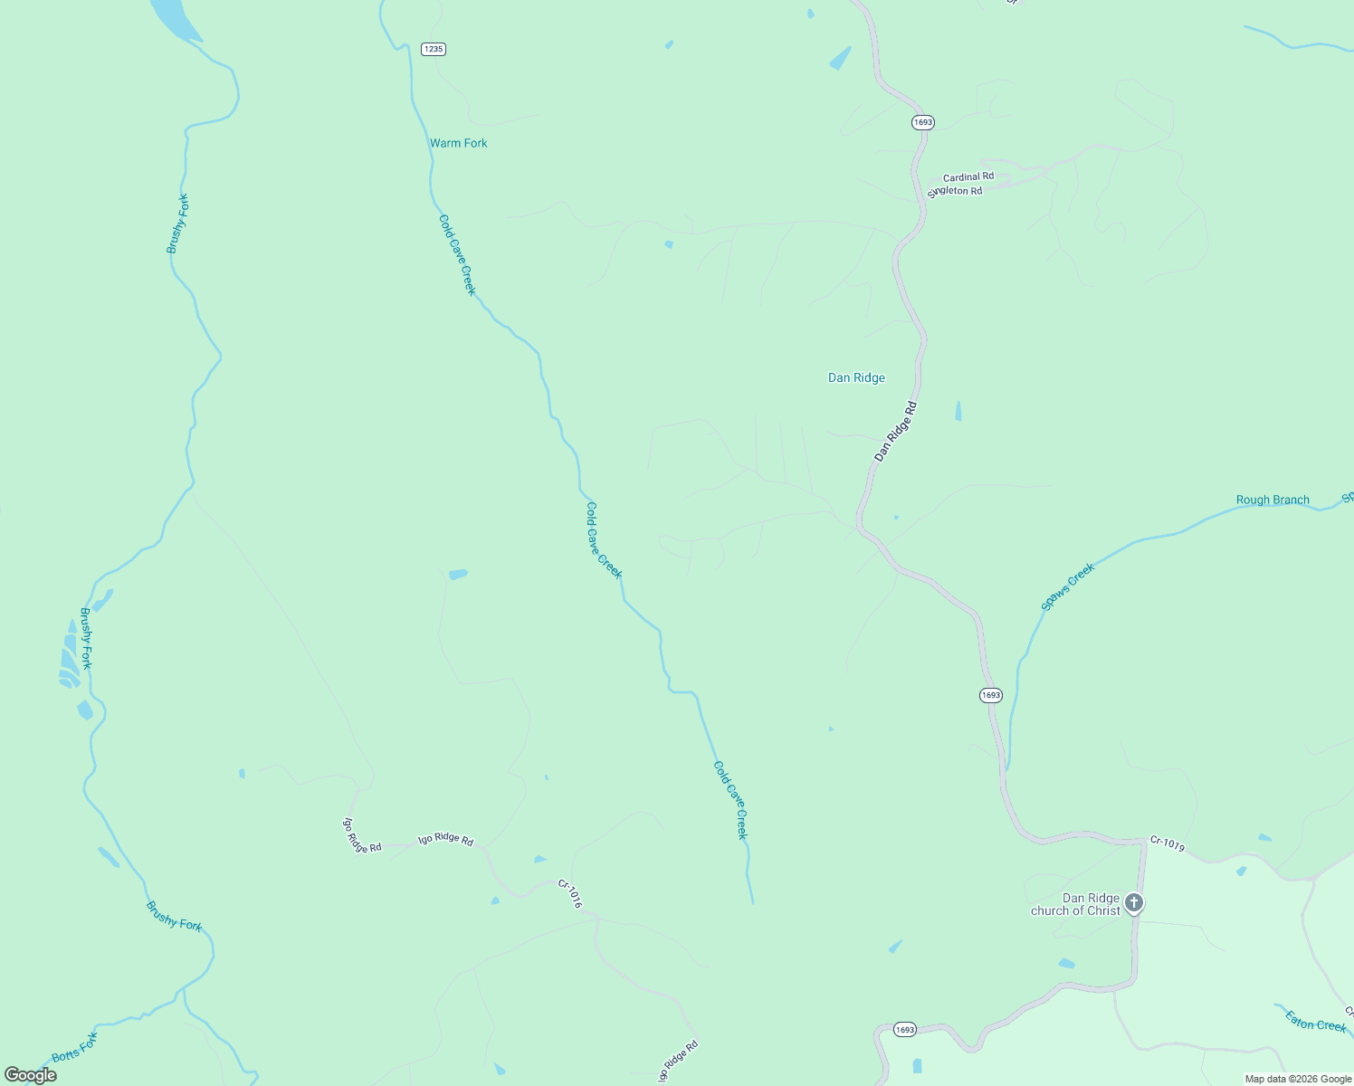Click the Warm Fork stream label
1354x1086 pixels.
[458, 143]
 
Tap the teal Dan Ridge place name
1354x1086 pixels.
[856, 378]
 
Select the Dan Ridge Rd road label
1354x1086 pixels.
[895, 432]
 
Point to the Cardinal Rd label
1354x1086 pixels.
[968, 177]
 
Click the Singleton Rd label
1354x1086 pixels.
[955, 192]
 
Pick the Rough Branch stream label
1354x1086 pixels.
[1273, 500]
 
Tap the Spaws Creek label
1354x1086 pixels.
[1068, 586]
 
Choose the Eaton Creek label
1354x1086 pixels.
[1316, 1023]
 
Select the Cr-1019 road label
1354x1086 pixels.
[1168, 843]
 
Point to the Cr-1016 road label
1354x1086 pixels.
[570, 894]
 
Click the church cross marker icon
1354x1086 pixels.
[1133, 902]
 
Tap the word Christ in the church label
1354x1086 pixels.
[1102, 911]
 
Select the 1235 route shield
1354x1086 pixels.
[434, 49]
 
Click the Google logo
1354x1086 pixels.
[30, 1075]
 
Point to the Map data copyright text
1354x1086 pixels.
[1298, 1079]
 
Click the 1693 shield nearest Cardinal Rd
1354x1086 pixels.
[922, 122]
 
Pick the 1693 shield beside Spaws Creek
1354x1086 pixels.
[990, 695]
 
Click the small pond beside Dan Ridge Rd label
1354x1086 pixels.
[958, 412]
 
